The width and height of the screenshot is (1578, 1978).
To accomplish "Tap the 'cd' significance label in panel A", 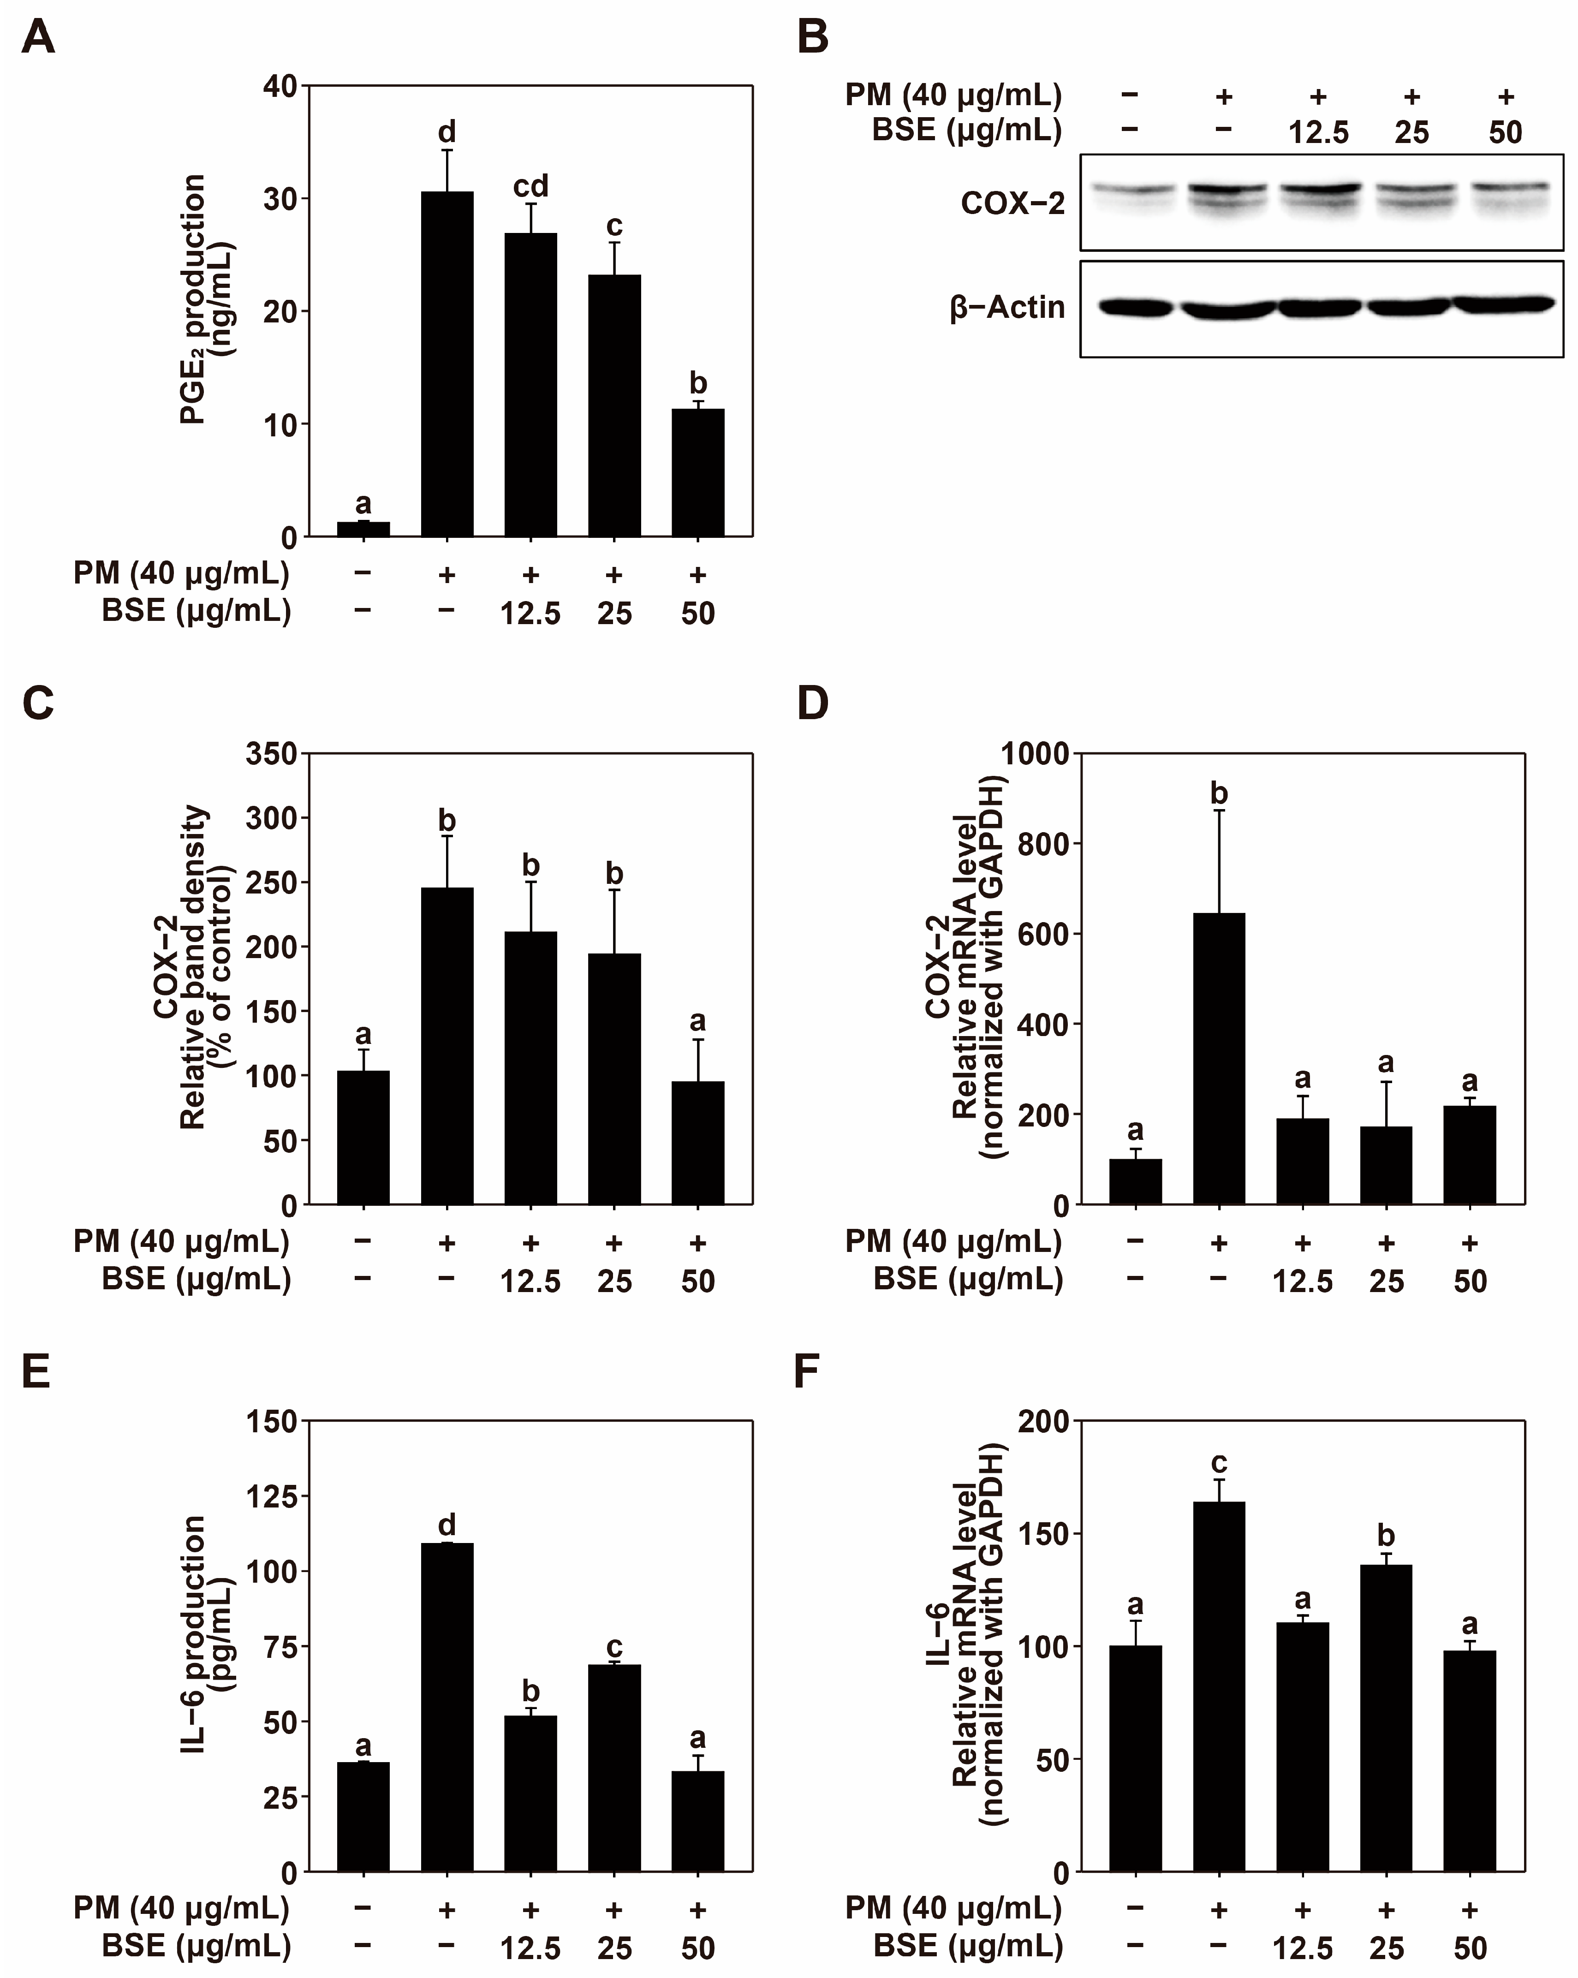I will [x=530, y=186].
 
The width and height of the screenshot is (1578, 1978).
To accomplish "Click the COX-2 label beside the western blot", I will [x=1013, y=203].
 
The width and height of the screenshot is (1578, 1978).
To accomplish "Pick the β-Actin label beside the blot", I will [x=1007, y=307].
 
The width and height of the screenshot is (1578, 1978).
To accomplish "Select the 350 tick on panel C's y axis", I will [x=272, y=754].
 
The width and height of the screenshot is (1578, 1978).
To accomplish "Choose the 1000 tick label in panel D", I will [x=1035, y=754].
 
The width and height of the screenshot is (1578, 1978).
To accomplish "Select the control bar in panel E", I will [x=363, y=1817].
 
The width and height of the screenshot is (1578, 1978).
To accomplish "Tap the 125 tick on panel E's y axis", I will [x=272, y=1496].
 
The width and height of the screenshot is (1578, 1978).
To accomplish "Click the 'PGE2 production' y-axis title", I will [x=195, y=300].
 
